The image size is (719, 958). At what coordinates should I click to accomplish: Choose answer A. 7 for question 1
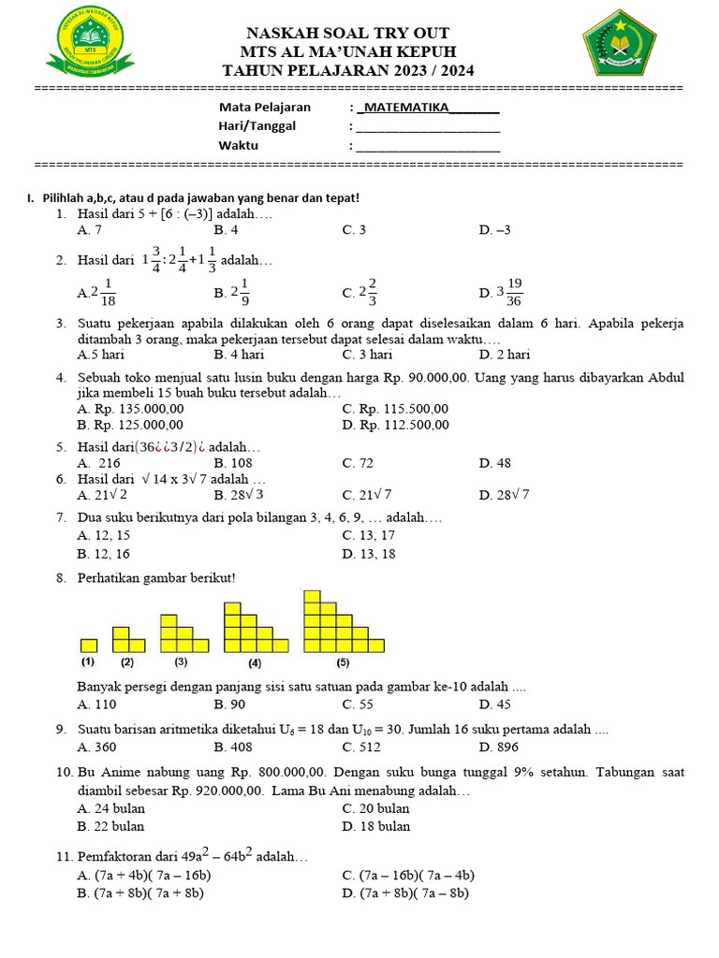(x=90, y=229)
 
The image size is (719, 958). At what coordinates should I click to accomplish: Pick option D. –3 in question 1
(x=494, y=229)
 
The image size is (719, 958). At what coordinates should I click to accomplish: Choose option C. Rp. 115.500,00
(x=395, y=409)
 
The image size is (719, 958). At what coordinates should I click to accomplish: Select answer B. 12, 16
(x=104, y=554)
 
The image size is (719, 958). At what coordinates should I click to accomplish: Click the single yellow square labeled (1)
(x=88, y=645)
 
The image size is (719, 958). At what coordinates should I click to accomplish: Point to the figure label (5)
(x=343, y=662)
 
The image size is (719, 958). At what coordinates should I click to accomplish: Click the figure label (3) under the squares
(x=181, y=661)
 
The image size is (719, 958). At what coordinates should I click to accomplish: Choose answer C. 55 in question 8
(x=358, y=704)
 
